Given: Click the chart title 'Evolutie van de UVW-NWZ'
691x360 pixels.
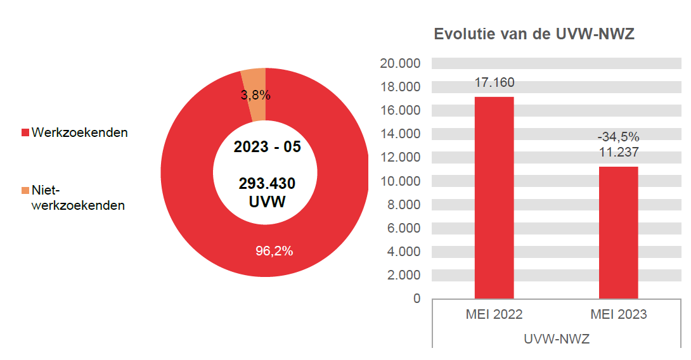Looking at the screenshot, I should (x=534, y=35).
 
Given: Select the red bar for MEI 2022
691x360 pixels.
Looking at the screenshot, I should (x=494, y=196).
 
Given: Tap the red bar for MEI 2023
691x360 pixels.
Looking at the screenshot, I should (x=618, y=231).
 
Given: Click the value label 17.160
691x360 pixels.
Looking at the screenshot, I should (x=494, y=82).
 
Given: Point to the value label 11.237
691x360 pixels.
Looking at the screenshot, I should (x=618, y=152).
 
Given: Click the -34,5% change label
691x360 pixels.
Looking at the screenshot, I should (x=618, y=137).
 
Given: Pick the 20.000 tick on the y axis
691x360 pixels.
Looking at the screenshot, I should (x=400, y=63).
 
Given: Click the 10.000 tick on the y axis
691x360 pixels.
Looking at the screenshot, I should (x=400, y=181).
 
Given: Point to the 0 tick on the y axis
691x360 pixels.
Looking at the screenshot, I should (x=417, y=299).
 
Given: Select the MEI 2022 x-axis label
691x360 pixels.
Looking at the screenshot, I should (x=494, y=314).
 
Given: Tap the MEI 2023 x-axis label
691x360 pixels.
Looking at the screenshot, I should (x=618, y=314).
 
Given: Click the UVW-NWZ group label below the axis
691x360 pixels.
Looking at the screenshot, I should (x=557, y=339).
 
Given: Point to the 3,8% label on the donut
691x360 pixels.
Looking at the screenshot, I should (x=255, y=96).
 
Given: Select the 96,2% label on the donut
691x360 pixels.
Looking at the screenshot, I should (x=274, y=251).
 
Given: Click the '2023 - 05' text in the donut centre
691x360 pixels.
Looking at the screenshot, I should (x=267, y=148).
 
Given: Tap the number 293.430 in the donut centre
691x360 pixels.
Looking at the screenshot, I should (x=267, y=184).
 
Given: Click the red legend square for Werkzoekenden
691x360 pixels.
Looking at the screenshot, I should (x=25, y=133).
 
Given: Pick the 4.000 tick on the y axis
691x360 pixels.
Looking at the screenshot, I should (x=403, y=252).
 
